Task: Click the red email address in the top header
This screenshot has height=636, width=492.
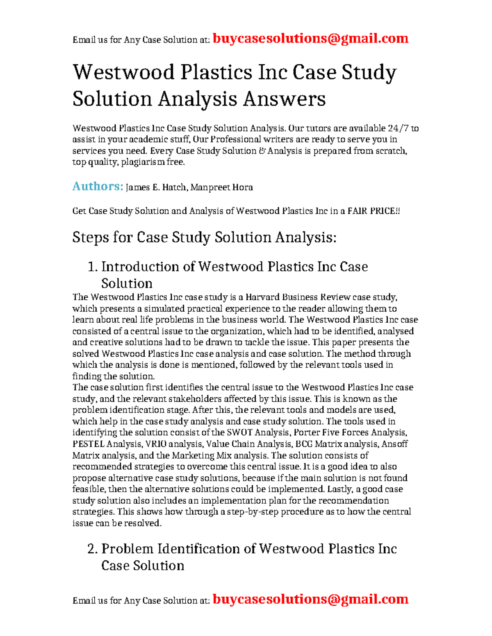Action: pyautogui.click(x=310, y=38)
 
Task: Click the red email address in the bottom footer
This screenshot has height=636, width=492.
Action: pyautogui.click(x=310, y=599)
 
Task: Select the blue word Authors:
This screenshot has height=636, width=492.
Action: pyautogui.click(x=98, y=186)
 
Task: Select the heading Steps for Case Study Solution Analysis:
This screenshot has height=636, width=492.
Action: pyautogui.click(x=204, y=238)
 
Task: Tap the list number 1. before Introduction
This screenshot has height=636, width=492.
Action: pyautogui.click(x=93, y=267)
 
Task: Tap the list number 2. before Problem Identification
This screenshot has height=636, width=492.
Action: pyautogui.click(x=93, y=549)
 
